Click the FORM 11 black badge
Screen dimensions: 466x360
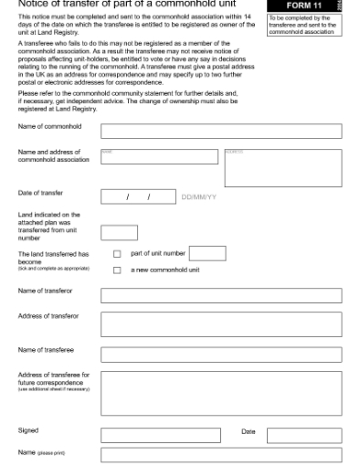tap(305, 5)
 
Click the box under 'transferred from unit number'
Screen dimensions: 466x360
tap(119, 233)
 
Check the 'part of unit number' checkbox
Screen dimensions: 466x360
tap(116, 254)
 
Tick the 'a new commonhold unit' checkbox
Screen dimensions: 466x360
tap(116, 270)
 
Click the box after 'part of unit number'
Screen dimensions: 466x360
tap(206, 253)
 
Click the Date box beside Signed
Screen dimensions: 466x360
tap(316, 435)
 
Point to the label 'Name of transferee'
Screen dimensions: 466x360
tap(47, 350)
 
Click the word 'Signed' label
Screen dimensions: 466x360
tap(28, 429)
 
